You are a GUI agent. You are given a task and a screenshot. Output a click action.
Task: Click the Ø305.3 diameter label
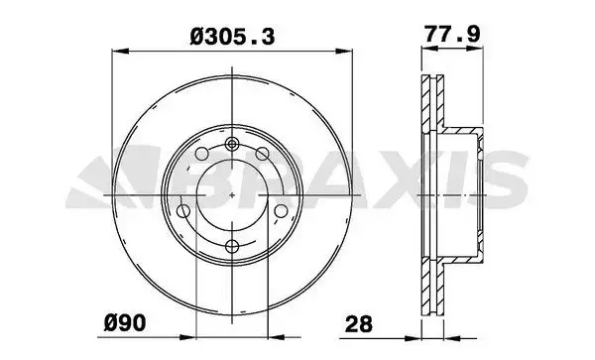point(232,37)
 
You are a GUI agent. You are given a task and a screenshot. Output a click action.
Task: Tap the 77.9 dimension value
point(452,34)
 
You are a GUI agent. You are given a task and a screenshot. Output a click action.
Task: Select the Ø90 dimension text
point(125,323)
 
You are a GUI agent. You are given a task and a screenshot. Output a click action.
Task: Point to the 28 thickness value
point(359,324)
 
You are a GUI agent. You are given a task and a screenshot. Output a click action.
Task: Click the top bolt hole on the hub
point(231,144)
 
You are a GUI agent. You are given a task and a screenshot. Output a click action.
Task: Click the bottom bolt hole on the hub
point(232,246)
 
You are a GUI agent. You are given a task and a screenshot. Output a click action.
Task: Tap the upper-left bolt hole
point(202,154)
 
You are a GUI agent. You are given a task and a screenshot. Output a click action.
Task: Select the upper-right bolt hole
point(262,154)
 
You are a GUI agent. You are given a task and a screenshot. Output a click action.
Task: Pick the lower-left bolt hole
point(183,211)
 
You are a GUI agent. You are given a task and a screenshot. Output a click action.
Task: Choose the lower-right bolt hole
point(282,211)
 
